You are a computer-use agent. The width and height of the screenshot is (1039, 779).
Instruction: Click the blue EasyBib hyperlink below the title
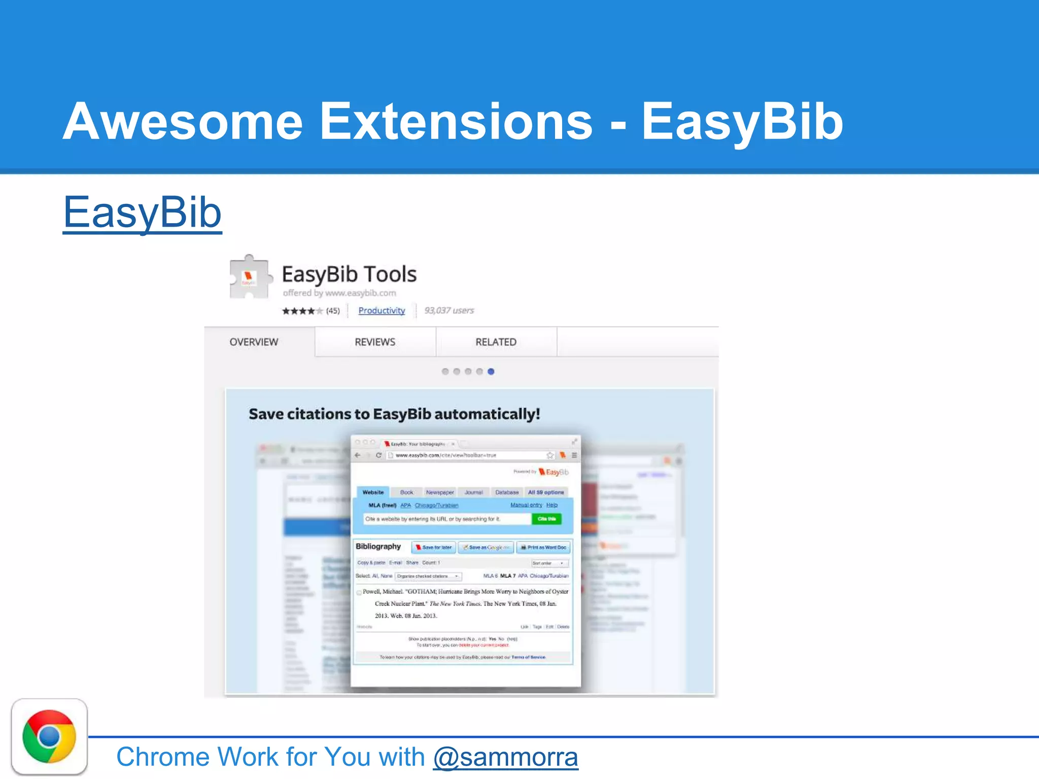click(142, 213)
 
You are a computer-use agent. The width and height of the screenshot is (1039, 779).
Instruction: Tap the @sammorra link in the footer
click(505, 757)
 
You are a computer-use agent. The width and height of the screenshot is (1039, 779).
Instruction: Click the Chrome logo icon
click(49, 736)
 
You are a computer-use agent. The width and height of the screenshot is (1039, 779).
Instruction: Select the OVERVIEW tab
click(254, 342)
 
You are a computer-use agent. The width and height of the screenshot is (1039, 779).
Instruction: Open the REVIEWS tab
click(375, 342)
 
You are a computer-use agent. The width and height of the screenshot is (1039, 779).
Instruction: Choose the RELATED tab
click(496, 342)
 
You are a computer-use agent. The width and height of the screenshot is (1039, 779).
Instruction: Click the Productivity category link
click(382, 310)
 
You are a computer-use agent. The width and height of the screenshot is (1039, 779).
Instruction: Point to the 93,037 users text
click(449, 310)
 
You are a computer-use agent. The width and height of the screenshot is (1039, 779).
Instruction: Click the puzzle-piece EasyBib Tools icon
click(249, 277)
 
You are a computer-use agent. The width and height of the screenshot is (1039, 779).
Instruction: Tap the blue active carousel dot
click(491, 371)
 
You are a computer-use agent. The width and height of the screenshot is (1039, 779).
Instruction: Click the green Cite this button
click(546, 519)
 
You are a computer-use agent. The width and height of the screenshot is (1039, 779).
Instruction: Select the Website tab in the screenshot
click(373, 492)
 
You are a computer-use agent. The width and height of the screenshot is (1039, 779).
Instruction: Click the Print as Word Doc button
click(543, 547)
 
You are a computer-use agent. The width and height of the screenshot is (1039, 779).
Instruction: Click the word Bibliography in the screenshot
click(378, 546)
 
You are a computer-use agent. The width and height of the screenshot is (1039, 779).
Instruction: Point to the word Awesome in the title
click(183, 122)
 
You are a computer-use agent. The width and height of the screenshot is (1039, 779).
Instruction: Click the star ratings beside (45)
click(302, 311)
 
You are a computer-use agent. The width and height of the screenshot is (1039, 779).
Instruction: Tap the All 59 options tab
click(546, 492)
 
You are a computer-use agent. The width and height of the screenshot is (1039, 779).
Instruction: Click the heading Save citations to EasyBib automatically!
click(394, 414)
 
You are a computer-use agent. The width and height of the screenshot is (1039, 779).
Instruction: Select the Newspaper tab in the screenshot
click(440, 492)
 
